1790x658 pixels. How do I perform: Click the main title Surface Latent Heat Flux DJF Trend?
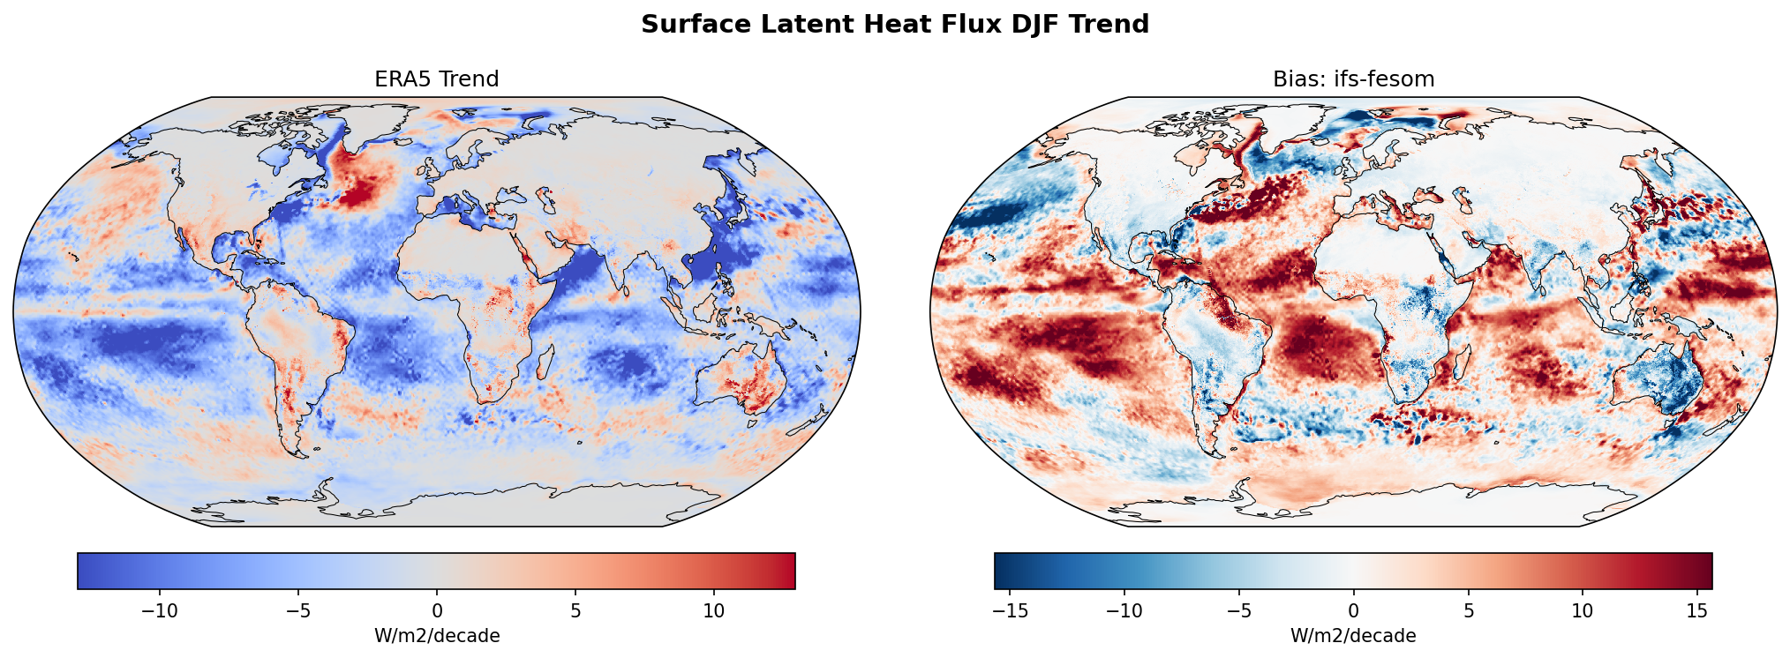(895, 24)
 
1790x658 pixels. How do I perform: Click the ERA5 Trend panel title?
(436, 79)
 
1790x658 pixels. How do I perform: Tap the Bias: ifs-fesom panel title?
(1353, 79)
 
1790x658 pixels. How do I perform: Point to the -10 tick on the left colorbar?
(160, 610)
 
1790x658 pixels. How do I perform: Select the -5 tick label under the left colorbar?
(298, 610)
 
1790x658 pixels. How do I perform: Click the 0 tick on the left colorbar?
(436, 610)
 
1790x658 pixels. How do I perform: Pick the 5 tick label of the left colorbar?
(575, 610)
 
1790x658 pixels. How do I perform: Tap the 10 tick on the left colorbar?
(713, 610)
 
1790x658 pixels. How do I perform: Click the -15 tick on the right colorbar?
(1012, 610)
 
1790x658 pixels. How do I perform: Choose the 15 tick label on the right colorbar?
(1696, 610)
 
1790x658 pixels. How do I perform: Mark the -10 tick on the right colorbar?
(1125, 610)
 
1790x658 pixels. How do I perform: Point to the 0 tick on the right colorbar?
(1353, 610)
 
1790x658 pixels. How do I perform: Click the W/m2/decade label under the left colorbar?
(436, 636)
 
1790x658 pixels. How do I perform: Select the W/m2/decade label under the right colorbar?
(1353, 636)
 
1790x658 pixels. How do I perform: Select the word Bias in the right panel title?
(1291, 79)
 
